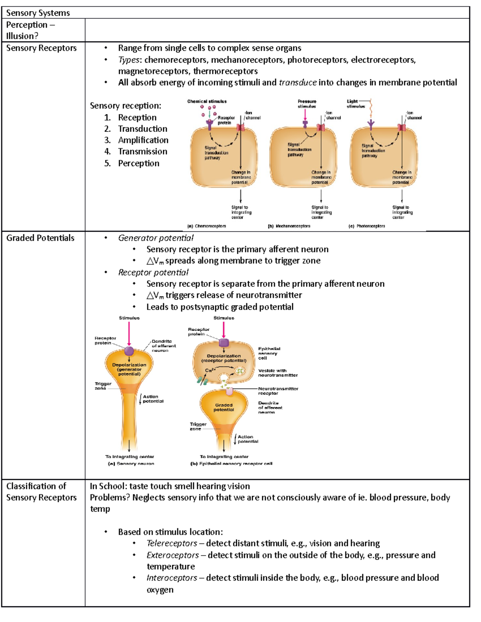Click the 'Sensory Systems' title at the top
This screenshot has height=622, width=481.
coord(38,13)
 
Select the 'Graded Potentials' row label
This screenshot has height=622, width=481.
coord(40,238)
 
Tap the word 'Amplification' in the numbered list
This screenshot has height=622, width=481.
coord(143,140)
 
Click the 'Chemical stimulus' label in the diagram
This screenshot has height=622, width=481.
coord(207,101)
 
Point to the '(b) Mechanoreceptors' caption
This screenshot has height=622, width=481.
coord(289,226)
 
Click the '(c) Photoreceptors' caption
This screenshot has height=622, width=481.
coord(367,226)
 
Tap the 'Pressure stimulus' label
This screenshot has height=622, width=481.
coord(307,104)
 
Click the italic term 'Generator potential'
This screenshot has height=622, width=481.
coord(156,238)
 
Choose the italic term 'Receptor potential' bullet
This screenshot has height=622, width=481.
coord(153,272)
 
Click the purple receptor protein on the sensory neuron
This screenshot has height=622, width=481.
coord(129,351)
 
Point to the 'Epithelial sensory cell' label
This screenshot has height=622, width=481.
coord(269,353)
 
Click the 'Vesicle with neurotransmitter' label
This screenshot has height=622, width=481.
coord(278,373)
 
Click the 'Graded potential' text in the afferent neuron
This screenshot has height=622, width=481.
coord(224,407)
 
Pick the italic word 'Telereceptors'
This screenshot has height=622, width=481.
coord(172,543)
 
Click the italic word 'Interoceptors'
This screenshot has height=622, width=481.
coord(172,578)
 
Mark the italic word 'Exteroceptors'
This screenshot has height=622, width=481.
coord(172,555)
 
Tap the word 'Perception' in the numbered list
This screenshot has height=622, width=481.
coord(138,163)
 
